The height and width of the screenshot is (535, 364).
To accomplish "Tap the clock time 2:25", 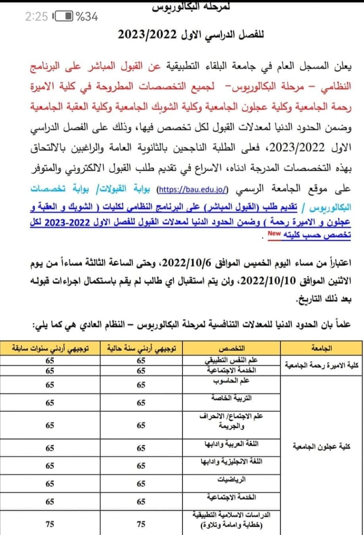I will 36,17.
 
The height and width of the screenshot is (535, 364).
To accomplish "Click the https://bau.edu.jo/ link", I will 193,189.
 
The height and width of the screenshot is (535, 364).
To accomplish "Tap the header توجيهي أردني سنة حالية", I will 141,348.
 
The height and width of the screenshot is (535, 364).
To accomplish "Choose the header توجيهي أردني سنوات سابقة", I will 50,348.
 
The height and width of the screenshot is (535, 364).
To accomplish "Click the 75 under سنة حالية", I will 141,524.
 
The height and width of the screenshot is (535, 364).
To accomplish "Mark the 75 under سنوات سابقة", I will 50,524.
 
